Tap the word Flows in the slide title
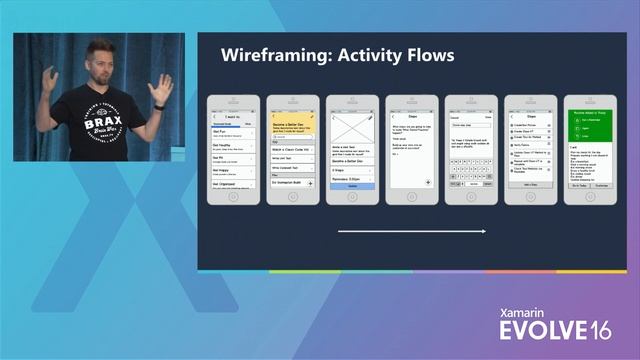[x=426, y=55]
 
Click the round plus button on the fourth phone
[x=427, y=182]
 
